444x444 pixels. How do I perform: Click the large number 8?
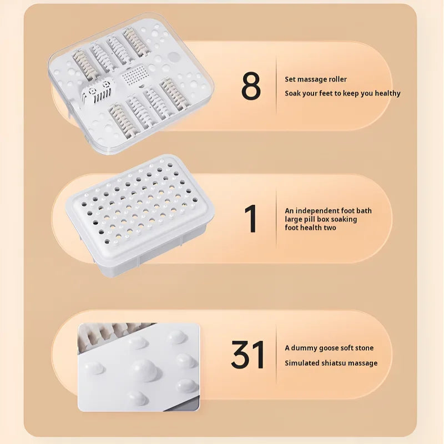point(251,86)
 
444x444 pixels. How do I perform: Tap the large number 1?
point(251,219)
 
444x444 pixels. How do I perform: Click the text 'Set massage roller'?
point(316,79)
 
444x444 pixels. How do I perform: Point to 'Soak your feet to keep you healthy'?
point(342,93)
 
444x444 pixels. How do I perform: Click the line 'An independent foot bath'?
point(328,210)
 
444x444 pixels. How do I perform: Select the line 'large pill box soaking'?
point(321,219)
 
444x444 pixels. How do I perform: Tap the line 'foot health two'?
point(310,228)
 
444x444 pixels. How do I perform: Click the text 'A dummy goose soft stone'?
point(329,348)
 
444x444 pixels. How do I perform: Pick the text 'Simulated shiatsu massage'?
point(331,363)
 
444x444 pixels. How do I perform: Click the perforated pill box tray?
point(143,214)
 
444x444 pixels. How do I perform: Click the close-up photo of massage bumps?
point(138,367)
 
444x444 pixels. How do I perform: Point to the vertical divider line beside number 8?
point(276,86)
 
